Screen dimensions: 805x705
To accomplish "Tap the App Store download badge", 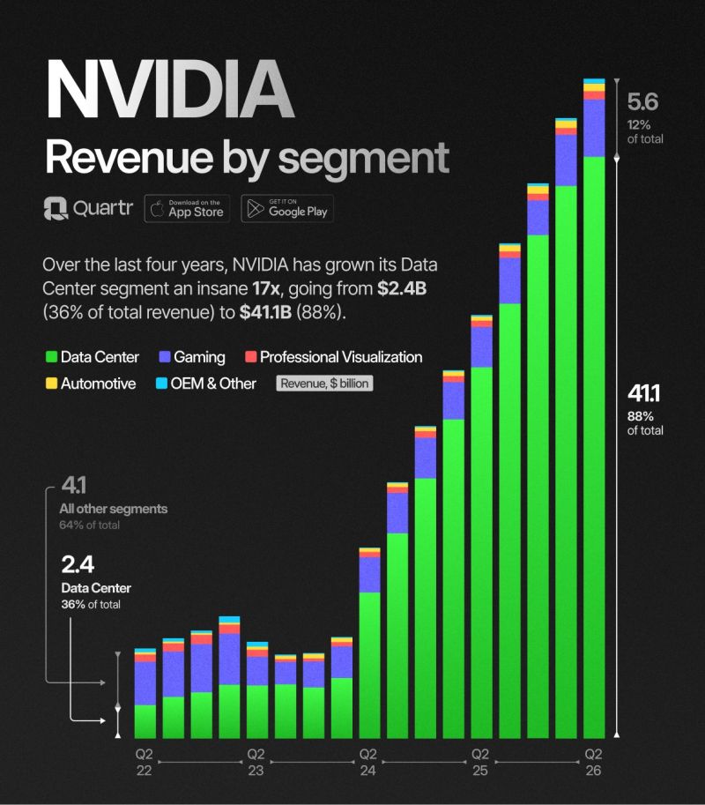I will [x=187, y=208].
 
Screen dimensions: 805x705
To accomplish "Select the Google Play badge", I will [x=287, y=208].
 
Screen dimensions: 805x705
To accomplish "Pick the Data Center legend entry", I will [x=92, y=357].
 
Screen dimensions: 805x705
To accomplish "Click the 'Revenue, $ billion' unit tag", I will [x=325, y=384].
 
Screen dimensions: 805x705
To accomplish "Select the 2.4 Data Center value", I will [x=77, y=564].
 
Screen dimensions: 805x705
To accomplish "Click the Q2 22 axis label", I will [x=144, y=762].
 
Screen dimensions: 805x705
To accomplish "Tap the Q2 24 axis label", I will [x=368, y=762].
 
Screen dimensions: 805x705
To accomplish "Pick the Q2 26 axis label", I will [x=594, y=762].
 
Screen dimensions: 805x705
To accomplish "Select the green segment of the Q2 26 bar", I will [x=594, y=441].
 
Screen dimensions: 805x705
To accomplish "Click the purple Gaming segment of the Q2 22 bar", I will [x=145, y=682].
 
